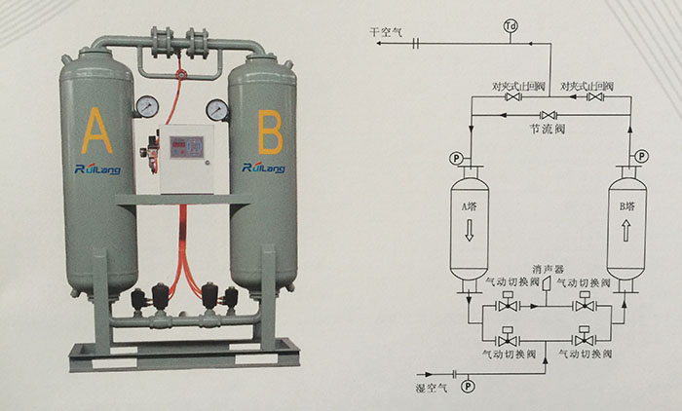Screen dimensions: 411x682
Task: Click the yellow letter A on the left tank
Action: coord(94,129)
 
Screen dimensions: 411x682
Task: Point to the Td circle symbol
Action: coord(511,24)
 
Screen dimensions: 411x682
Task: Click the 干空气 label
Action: coord(385,31)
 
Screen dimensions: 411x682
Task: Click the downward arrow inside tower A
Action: coord(469,231)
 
